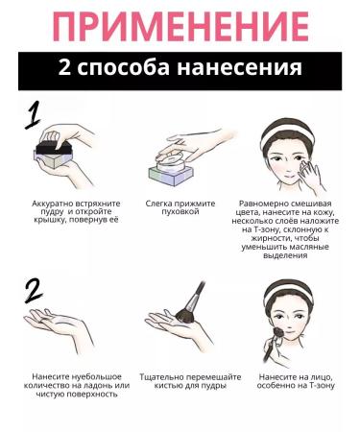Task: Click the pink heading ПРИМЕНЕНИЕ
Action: click(180, 27)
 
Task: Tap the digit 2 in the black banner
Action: click(64, 68)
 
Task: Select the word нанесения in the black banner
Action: click(239, 68)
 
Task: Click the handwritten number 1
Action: click(33, 114)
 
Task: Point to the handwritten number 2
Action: click(34, 291)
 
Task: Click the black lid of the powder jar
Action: click(54, 148)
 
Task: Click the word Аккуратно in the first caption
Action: click(53, 204)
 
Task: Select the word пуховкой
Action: click(180, 211)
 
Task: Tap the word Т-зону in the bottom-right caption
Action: click(322, 386)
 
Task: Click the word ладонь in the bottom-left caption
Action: click(100, 386)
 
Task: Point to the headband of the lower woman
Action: click(289, 292)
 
